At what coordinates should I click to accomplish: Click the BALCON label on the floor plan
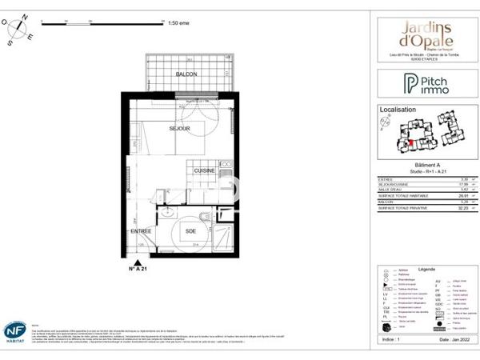[x=186, y=74]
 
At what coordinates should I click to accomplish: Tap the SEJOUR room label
[x=179, y=128]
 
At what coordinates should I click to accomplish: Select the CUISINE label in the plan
[x=203, y=170]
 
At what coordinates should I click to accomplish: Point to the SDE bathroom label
[x=190, y=231]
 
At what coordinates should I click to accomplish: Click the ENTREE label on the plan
[x=142, y=231]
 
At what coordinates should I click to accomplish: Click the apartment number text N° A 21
[x=140, y=271]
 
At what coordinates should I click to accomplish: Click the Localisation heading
[x=399, y=109]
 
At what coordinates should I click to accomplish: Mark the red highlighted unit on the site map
[x=411, y=142]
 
